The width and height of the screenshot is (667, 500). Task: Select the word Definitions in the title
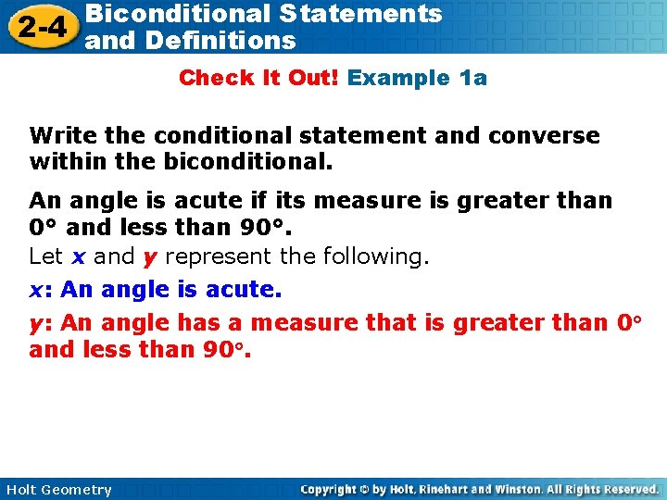point(220,41)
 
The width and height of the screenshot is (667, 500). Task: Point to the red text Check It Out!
point(258,78)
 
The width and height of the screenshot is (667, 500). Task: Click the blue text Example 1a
point(417,78)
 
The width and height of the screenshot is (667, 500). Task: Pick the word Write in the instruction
point(63,136)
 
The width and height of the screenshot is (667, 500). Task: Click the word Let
point(45,256)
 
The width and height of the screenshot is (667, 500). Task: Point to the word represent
point(215,256)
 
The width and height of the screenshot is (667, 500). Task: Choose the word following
point(375,256)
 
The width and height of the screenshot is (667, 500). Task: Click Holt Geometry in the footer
point(57,490)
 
